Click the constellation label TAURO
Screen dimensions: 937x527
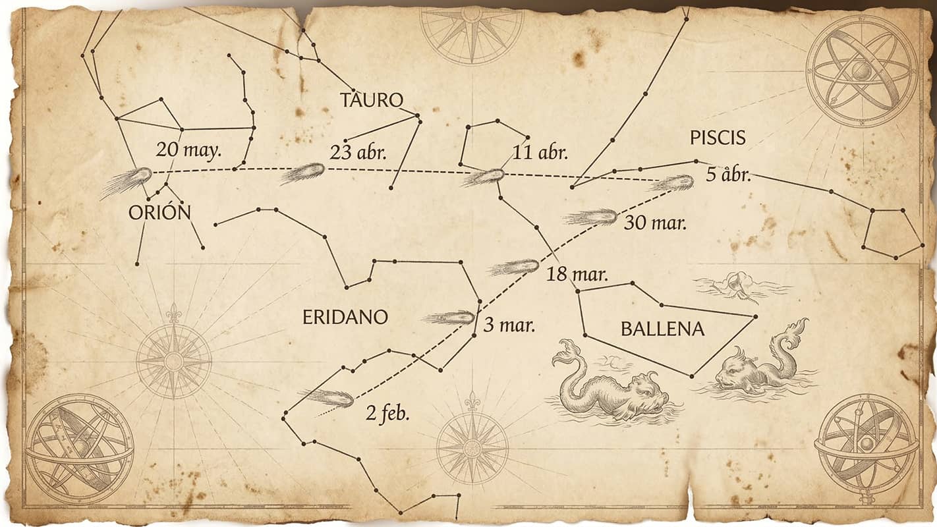(371, 100)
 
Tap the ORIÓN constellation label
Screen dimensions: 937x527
(159, 212)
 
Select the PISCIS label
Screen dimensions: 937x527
(718, 138)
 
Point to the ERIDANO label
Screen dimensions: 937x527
(345, 318)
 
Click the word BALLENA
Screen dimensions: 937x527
(662, 329)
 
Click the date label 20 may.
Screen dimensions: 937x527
(188, 150)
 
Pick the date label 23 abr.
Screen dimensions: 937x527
(358, 153)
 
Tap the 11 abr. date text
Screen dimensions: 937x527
(540, 153)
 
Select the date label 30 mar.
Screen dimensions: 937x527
(655, 223)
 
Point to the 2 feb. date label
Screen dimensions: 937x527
(387, 414)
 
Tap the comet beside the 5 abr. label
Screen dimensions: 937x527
(674, 182)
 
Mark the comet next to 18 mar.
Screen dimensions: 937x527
(515, 267)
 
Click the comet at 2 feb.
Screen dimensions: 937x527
(329, 397)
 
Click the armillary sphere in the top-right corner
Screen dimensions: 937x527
(861, 70)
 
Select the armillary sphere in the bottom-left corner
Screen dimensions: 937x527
(80, 447)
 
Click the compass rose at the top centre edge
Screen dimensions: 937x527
(472, 33)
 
